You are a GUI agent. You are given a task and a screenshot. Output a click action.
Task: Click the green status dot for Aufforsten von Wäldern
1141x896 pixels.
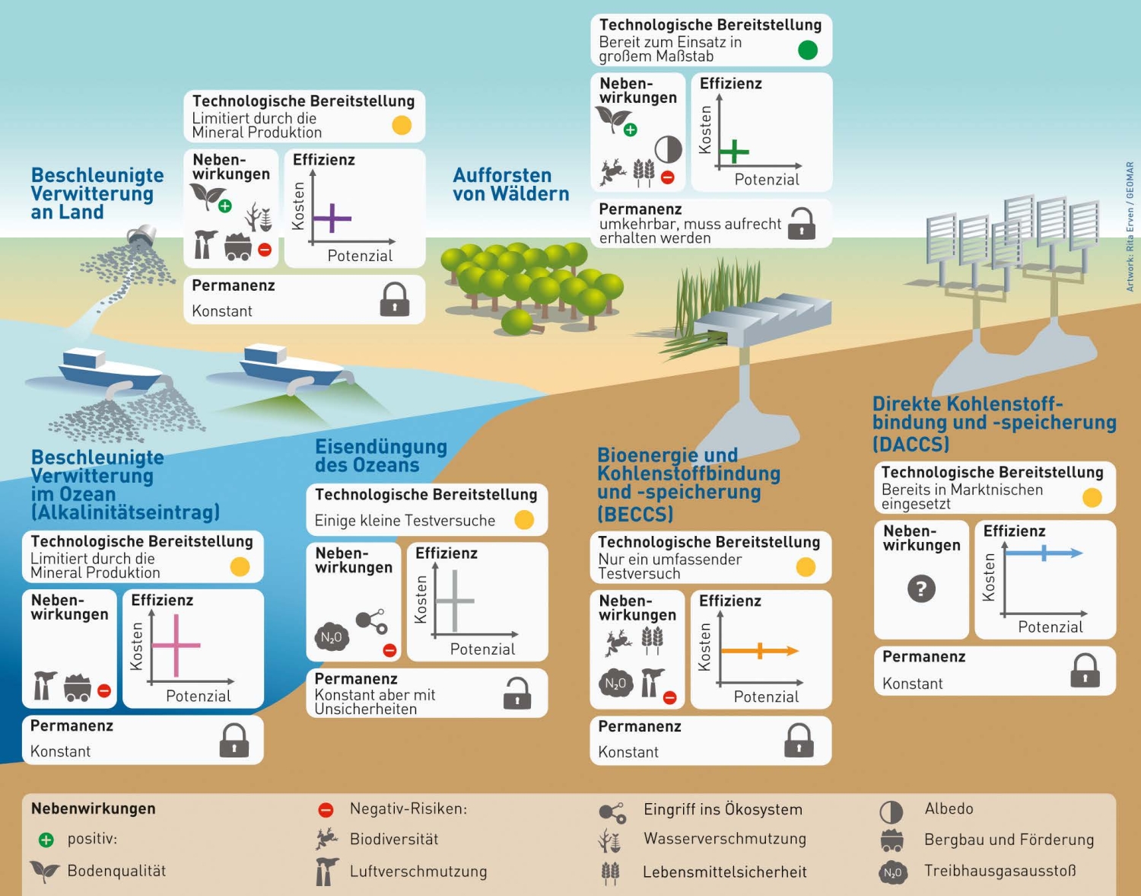click(x=808, y=50)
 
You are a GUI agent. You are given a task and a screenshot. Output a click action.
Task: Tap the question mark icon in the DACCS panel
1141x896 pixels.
click(x=921, y=588)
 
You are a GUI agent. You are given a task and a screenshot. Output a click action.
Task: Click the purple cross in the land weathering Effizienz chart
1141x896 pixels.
click(x=332, y=218)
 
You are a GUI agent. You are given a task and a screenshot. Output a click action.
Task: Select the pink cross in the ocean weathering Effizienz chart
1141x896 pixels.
click(x=176, y=646)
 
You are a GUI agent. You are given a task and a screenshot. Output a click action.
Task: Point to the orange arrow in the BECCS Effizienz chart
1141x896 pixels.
click(x=760, y=651)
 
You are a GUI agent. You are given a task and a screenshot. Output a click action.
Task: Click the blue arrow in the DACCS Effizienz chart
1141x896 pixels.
click(x=1044, y=553)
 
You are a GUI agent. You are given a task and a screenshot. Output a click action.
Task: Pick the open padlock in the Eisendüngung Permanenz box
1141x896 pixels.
click(x=517, y=694)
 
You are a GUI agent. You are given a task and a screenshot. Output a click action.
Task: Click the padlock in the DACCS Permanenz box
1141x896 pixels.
click(x=1085, y=671)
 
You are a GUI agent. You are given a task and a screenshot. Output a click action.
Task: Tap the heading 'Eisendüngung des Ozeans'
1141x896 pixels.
click(x=381, y=455)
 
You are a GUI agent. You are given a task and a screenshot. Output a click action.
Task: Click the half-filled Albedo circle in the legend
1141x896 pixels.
click(x=891, y=812)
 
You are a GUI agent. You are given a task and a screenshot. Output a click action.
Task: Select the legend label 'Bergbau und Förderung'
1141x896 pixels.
click(x=1009, y=840)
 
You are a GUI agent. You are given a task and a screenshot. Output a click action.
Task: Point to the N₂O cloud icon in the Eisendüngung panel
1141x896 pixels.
click(x=332, y=637)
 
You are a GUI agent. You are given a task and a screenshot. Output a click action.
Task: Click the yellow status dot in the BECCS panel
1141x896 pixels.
click(x=806, y=567)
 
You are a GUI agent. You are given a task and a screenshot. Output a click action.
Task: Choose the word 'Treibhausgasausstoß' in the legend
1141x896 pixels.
click(x=1000, y=871)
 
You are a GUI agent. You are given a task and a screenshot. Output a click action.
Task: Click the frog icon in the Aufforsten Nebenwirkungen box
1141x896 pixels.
click(x=612, y=171)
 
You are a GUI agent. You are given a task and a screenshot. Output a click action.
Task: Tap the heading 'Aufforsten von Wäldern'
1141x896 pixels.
click(x=510, y=184)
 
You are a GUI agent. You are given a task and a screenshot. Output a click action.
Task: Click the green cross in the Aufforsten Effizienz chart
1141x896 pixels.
click(x=734, y=151)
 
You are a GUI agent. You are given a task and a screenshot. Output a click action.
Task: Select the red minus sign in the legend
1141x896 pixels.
click(x=326, y=810)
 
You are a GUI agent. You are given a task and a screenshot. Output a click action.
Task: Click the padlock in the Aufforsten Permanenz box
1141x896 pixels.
click(x=802, y=224)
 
